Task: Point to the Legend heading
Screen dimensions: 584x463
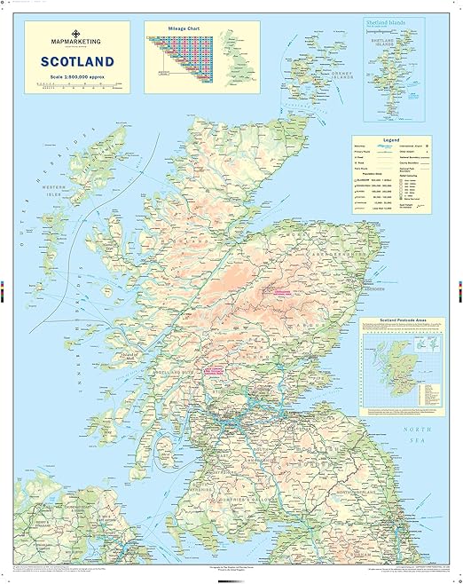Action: coord(390,140)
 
